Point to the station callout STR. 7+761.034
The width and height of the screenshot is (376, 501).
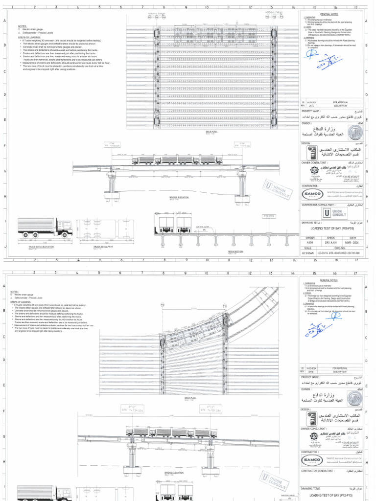pyautogui.click(x=211, y=410)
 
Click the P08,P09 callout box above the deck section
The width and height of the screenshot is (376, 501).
pyautogui.click(x=269, y=216)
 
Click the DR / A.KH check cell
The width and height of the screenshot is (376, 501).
pyautogui.click(x=331, y=242)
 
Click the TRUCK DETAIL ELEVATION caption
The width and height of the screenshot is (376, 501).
pyautogui.click(x=42, y=247)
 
